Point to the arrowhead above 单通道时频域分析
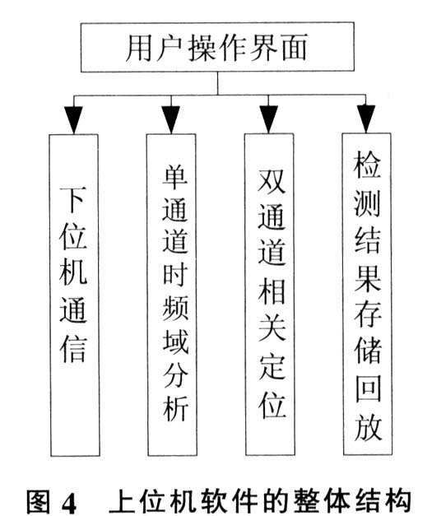(171, 119)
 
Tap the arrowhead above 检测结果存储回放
(366, 119)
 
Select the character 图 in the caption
(38, 502)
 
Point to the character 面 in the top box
(295, 47)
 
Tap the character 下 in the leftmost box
(73, 198)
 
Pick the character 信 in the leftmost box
(73, 349)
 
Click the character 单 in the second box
(175, 177)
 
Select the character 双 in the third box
(272, 181)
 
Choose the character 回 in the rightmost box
(368, 388)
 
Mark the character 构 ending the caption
(399, 501)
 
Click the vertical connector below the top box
(217, 83)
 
